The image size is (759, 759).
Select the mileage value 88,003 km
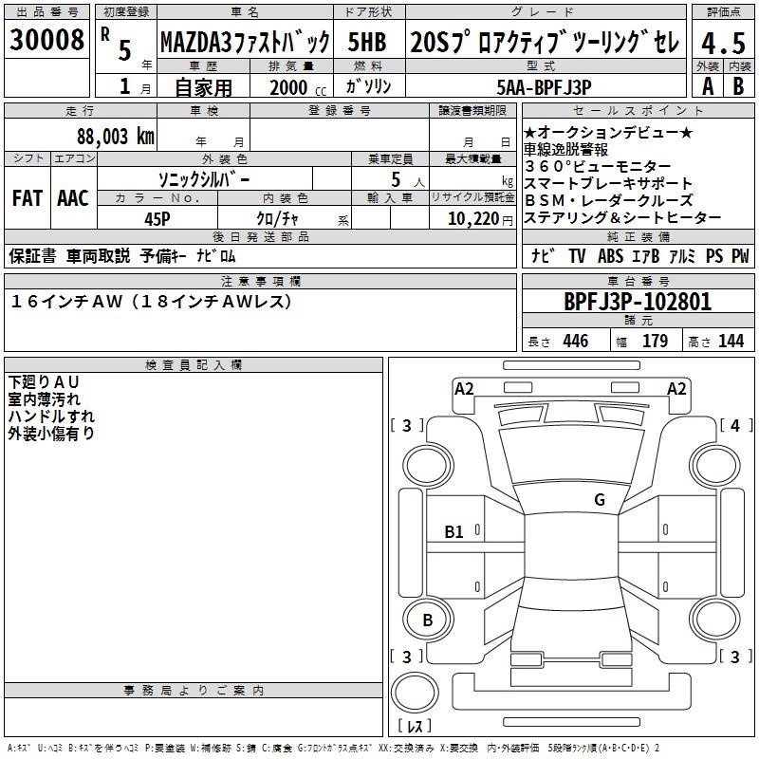[x=116, y=136]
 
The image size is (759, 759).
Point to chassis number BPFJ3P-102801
[x=637, y=302]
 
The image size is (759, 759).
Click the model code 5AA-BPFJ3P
[x=544, y=84]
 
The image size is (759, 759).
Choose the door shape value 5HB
[x=367, y=43]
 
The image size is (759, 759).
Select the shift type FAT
[x=27, y=197]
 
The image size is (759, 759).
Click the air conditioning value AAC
[x=72, y=197]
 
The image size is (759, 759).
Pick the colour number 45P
[x=157, y=218]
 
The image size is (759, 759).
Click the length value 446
[x=575, y=342]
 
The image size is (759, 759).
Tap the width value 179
[x=655, y=342]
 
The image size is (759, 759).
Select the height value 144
[x=731, y=342]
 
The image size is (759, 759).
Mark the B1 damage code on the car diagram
[x=454, y=532]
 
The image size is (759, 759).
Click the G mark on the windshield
[x=600, y=499]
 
